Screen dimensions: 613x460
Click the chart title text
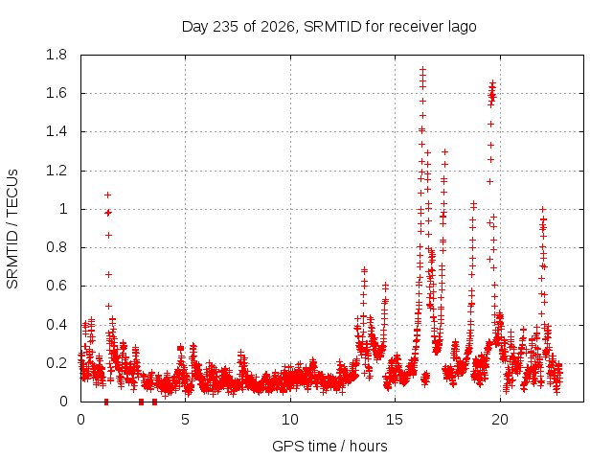pos(329,27)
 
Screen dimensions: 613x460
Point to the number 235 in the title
pos(226,27)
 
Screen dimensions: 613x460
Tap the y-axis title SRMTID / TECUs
pos(12,229)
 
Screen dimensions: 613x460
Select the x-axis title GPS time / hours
pos(329,446)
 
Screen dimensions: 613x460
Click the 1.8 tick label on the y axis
pos(57,55)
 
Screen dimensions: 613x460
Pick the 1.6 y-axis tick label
pos(57,94)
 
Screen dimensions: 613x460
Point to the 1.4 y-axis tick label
pos(57,132)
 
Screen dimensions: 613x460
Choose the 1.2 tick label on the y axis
pos(57,171)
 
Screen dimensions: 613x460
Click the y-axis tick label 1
pos(63,209)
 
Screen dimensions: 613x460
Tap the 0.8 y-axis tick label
pos(57,247)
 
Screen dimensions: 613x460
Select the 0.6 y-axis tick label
pos(57,286)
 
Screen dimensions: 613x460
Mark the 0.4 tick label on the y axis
pos(57,325)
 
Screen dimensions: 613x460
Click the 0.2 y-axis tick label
pos(57,363)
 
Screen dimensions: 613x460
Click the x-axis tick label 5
pos(185,420)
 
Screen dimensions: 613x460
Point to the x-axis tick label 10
pos(290,420)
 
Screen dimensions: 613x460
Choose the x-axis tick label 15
pos(395,420)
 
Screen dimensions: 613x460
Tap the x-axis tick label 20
pos(500,420)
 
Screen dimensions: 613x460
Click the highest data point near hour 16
pos(422,69)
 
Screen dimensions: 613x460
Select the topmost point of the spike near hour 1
pos(108,195)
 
